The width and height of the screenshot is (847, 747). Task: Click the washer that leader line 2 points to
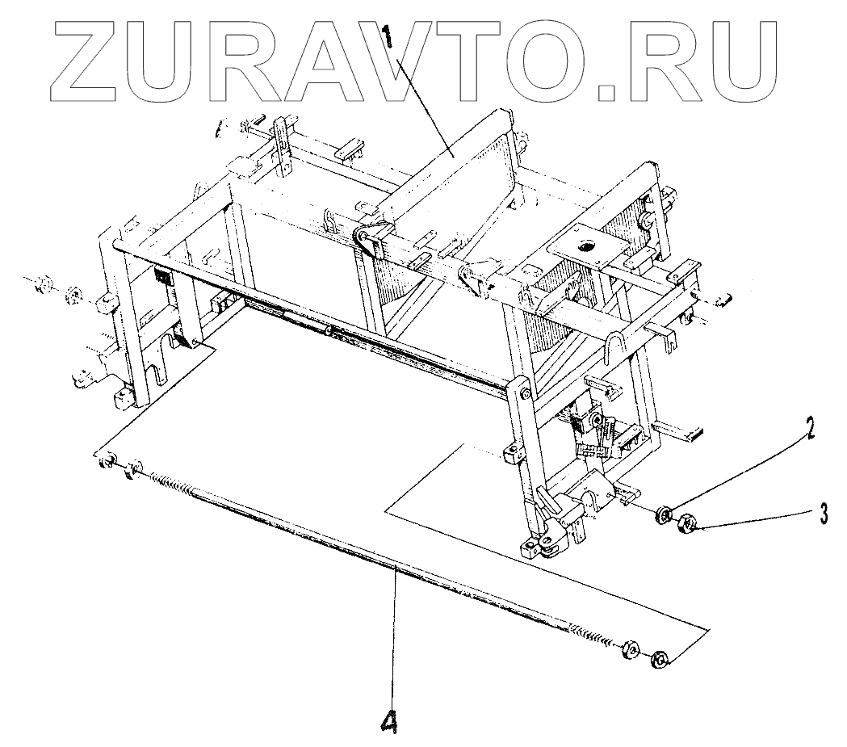click(665, 514)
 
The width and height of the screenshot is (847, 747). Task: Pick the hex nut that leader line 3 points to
click(687, 523)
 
